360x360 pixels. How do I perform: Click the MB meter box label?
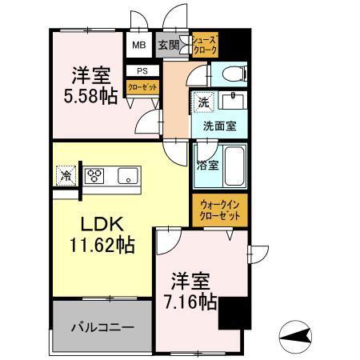point(138,45)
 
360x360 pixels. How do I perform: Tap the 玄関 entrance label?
point(167,45)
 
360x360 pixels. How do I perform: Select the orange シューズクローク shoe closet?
point(204,45)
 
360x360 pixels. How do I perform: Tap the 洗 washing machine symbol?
point(202,103)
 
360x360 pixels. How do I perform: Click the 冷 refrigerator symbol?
point(63,176)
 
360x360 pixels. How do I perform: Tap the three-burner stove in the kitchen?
point(96,175)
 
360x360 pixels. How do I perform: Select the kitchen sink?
point(129,175)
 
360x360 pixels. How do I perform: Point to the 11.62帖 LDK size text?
point(101,244)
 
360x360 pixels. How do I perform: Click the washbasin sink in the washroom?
point(234,104)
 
